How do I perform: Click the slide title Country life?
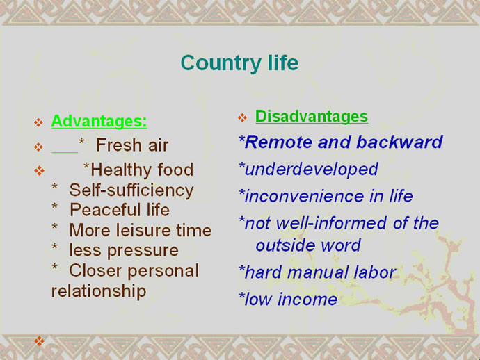239,63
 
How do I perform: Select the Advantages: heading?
99,121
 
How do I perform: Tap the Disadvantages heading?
312,117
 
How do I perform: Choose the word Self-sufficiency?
131,190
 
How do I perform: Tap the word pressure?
143,251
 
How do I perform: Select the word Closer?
95,270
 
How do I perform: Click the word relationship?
99,291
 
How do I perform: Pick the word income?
307,299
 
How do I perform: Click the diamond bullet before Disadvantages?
243,117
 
